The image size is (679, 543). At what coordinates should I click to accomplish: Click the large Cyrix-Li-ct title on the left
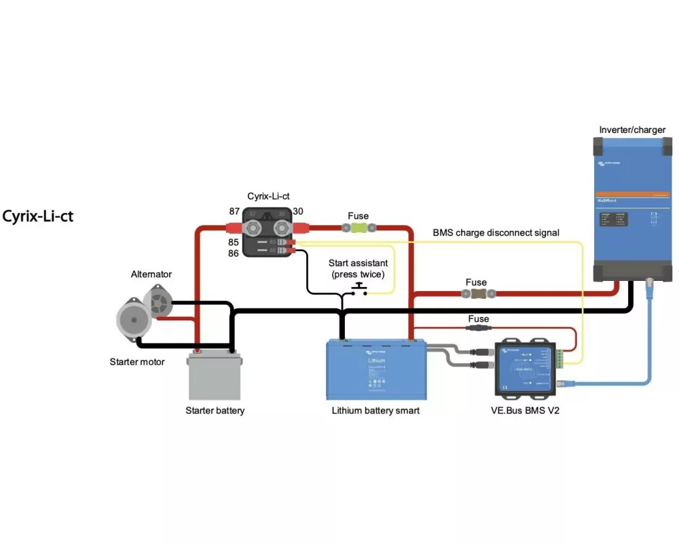(x=37, y=217)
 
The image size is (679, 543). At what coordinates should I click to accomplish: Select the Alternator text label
(x=151, y=274)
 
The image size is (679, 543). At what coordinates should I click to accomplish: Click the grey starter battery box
(x=214, y=377)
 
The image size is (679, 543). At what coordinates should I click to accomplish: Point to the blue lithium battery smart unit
(x=376, y=369)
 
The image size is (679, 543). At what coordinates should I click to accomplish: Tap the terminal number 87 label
(x=234, y=211)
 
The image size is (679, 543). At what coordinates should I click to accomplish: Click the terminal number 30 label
(x=298, y=211)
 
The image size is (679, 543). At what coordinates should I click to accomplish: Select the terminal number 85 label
(x=234, y=241)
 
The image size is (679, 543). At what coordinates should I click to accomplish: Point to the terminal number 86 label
(x=234, y=253)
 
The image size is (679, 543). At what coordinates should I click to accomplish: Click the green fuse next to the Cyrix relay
(x=358, y=229)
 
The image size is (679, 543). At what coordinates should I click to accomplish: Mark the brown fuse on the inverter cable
(x=477, y=294)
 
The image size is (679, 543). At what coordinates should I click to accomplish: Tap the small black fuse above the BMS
(x=478, y=328)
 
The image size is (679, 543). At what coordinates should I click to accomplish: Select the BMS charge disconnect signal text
(x=496, y=233)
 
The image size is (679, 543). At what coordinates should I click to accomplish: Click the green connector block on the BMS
(x=559, y=358)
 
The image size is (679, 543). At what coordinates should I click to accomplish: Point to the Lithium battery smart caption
(x=375, y=411)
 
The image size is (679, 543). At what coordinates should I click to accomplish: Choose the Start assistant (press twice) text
(x=358, y=269)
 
